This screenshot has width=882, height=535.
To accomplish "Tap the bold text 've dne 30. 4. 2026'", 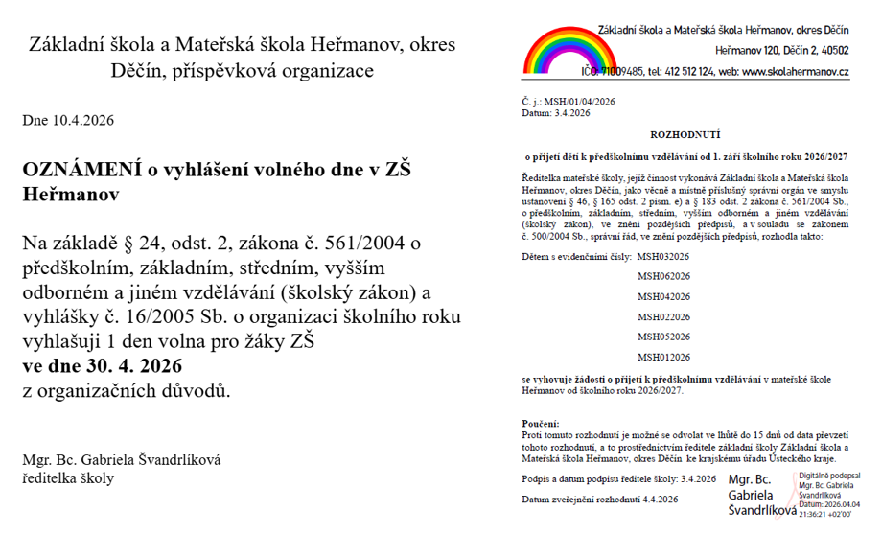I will [x=103, y=366].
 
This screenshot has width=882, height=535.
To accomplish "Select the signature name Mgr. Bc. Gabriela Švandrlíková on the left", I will [x=122, y=460].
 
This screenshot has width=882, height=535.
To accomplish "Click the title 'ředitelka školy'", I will [x=68, y=478].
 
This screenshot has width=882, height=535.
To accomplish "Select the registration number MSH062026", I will [x=663, y=277].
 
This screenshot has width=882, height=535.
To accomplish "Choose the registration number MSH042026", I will [x=663, y=297].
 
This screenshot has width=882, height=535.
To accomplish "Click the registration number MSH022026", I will [x=663, y=317].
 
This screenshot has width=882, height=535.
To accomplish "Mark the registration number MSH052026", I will [x=663, y=337].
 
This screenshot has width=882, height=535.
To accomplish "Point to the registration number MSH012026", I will [x=663, y=358].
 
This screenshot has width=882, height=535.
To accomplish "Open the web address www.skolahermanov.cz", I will [x=796, y=72].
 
